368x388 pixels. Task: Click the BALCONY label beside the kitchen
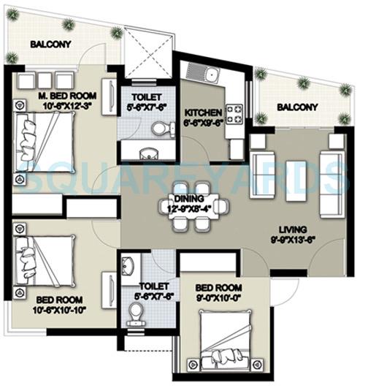pos(297,107)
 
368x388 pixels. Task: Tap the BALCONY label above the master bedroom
pos(50,45)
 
